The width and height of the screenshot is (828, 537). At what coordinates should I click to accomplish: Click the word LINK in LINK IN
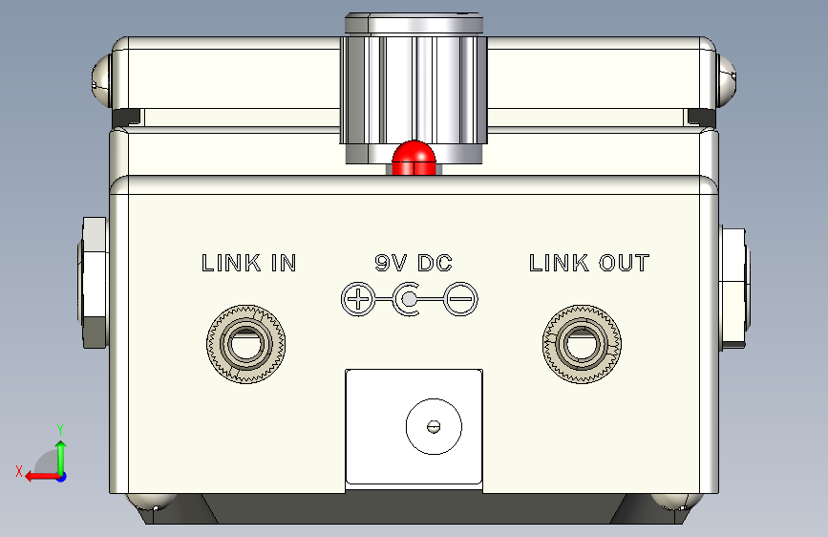228,263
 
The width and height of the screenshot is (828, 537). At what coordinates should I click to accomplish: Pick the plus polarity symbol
358,301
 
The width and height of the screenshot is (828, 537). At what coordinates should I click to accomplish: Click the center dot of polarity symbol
409,301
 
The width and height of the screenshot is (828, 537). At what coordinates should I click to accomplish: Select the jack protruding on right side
735,285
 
